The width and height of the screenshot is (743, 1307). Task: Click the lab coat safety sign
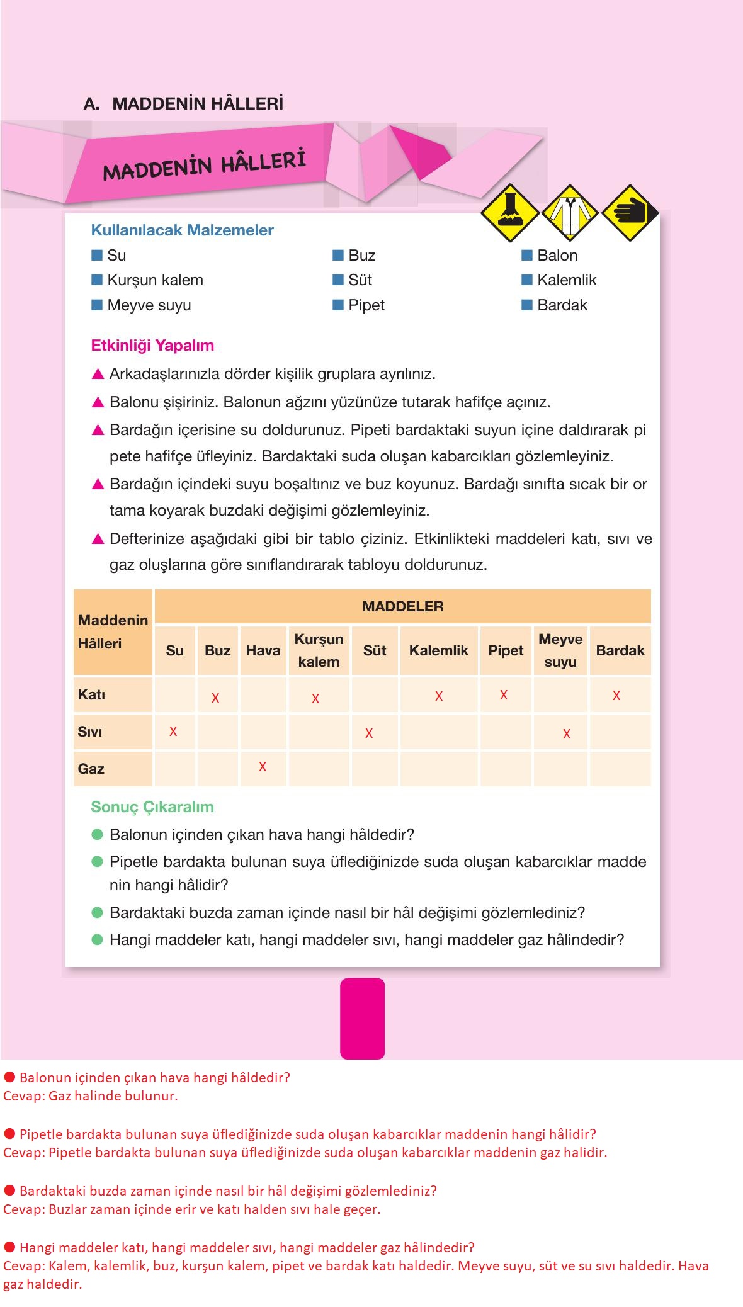[569, 213]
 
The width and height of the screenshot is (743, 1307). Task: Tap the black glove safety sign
[630, 213]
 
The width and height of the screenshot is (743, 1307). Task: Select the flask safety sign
[509, 213]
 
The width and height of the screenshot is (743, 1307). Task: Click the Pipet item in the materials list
[366, 305]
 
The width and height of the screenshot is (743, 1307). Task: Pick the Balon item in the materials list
[557, 256]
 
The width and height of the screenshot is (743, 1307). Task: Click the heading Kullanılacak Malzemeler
[182, 230]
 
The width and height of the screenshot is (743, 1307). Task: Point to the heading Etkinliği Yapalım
[152, 346]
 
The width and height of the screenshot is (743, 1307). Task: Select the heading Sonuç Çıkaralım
[152, 807]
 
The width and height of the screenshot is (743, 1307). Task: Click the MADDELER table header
[402, 606]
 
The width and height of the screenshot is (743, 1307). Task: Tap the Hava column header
[263, 650]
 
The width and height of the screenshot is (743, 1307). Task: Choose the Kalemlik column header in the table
[438, 650]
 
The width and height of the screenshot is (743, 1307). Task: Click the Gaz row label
[91, 769]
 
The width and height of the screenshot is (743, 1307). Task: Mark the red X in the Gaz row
[263, 767]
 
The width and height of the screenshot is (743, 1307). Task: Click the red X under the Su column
[173, 731]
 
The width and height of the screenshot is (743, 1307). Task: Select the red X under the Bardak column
[616, 696]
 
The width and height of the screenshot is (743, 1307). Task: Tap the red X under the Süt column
[369, 733]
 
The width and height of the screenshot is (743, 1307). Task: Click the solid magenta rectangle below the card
[362, 1018]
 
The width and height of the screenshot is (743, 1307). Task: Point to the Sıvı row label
[90, 732]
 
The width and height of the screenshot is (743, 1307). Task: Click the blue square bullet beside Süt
[338, 280]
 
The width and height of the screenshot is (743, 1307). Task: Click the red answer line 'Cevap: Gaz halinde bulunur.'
[91, 1095]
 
